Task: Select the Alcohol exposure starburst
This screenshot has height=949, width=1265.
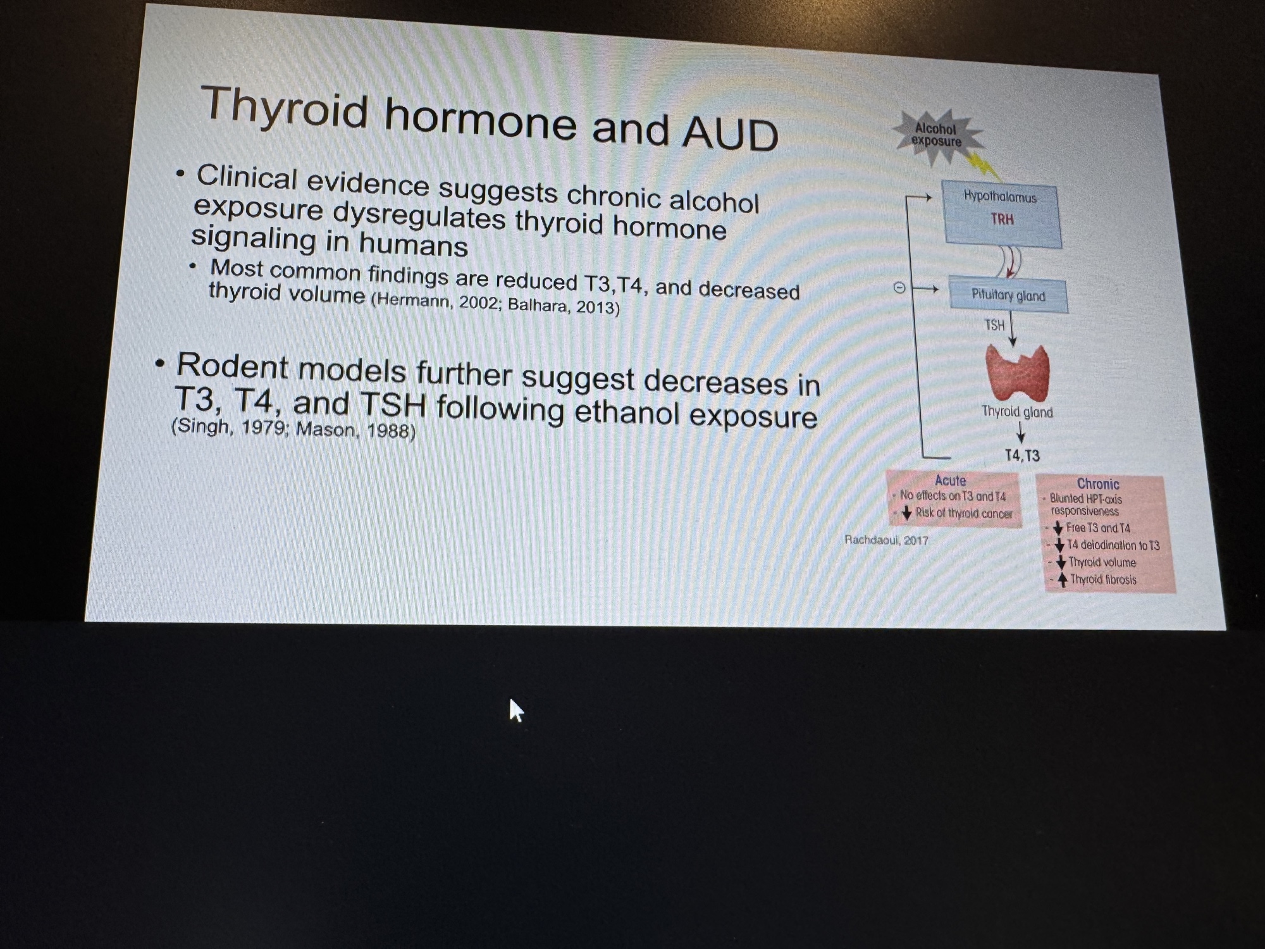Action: pyautogui.click(x=937, y=135)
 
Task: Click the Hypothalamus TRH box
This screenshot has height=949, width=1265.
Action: pyautogui.click(x=1001, y=214)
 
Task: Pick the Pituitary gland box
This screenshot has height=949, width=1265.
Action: pyautogui.click(x=1008, y=295)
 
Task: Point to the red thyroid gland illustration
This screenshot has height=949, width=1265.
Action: pyautogui.click(x=1017, y=373)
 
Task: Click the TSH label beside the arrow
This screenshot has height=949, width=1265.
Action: pyautogui.click(x=994, y=325)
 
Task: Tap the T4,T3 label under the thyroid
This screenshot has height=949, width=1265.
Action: pyautogui.click(x=1022, y=456)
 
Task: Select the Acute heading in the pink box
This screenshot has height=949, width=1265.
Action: pyautogui.click(x=950, y=481)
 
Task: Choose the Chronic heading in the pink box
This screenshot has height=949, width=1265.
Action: pyautogui.click(x=1098, y=484)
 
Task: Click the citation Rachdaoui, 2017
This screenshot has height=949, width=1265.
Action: pyautogui.click(x=886, y=540)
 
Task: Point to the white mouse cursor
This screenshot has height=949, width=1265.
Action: pyautogui.click(x=516, y=710)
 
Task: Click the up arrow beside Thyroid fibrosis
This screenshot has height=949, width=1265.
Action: pyautogui.click(x=1063, y=579)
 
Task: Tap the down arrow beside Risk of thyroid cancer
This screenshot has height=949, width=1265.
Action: pyautogui.click(x=906, y=512)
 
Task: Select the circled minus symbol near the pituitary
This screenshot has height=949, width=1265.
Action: pyautogui.click(x=899, y=288)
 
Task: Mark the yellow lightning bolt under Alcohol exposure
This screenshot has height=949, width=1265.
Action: pyautogui.click(x=983, y=166)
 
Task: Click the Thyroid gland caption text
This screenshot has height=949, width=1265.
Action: pyautogui.click(x=1017, y=412)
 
